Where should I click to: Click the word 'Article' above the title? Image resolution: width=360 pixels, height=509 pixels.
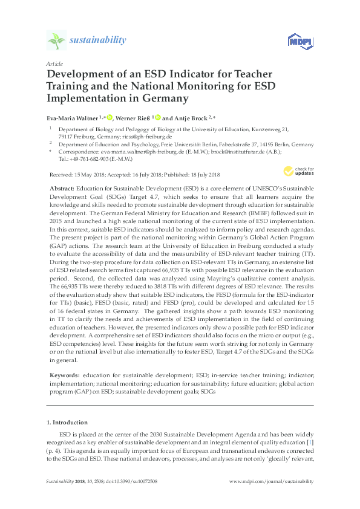coord(53,63)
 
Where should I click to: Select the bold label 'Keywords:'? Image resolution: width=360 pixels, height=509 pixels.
coord(65,375)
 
